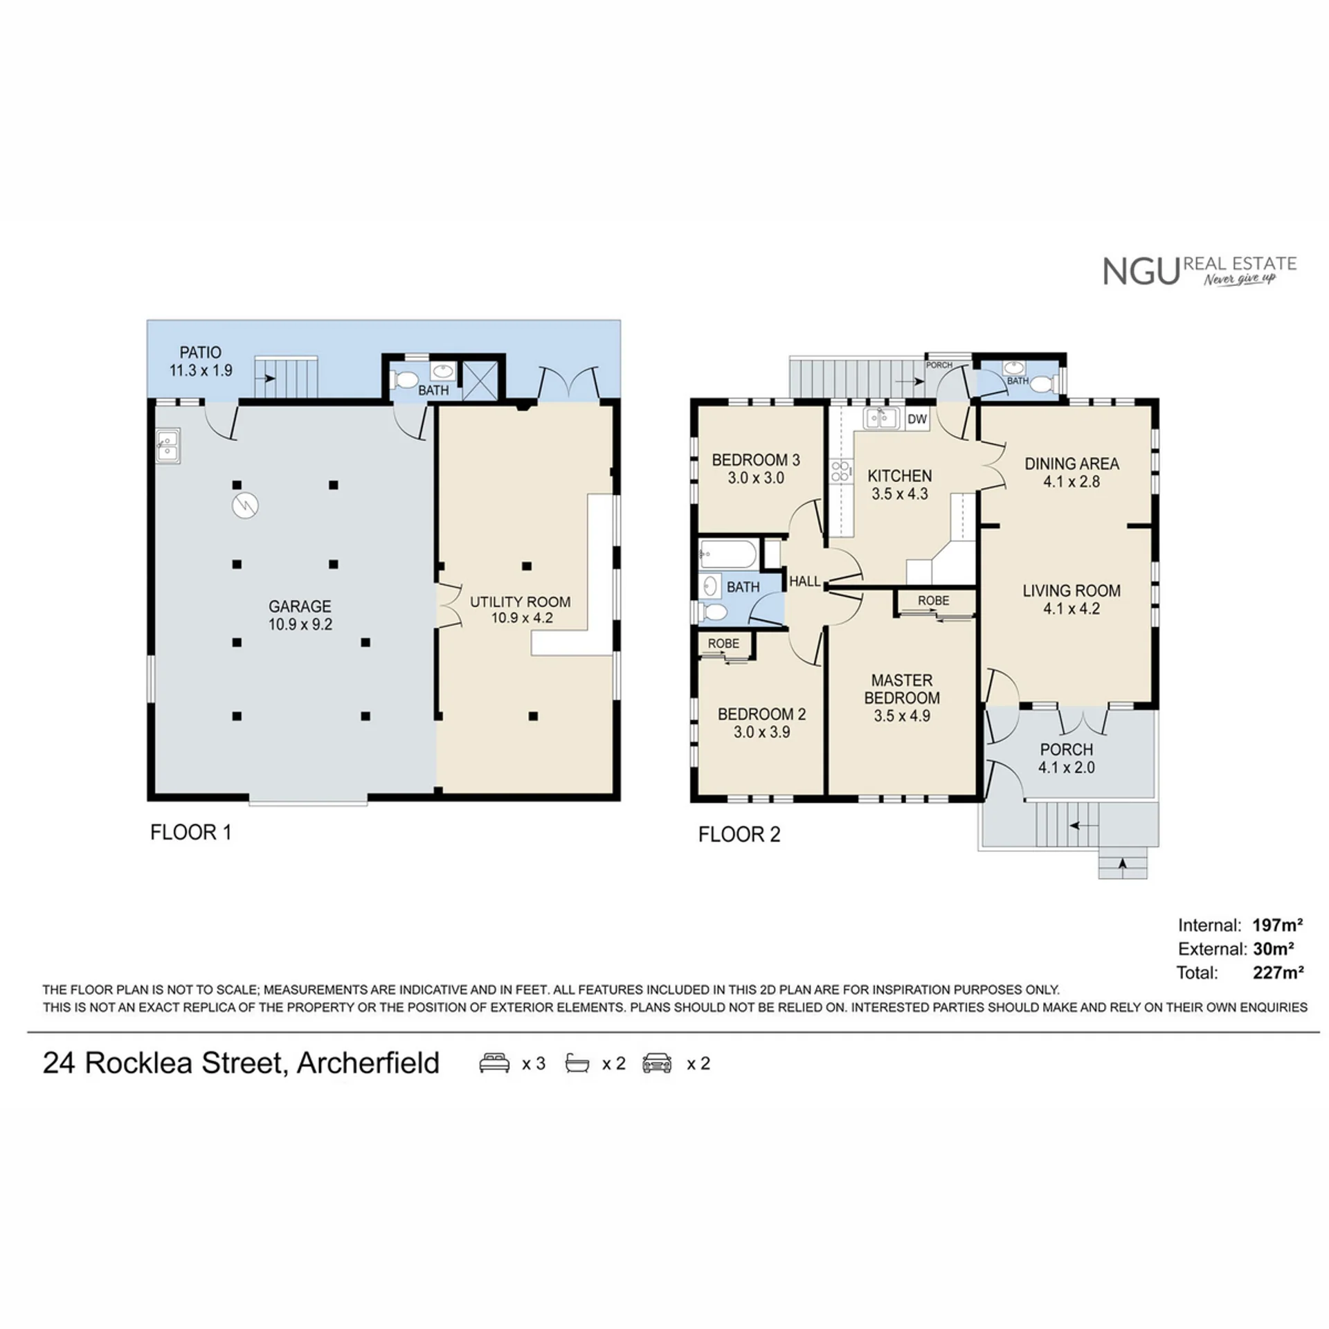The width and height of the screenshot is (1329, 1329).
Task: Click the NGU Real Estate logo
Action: click(x=1200, y=271)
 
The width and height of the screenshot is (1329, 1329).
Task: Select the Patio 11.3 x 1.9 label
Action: click(x=201, y=361)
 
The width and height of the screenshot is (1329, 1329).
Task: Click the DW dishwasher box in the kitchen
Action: click(x=917, y=419)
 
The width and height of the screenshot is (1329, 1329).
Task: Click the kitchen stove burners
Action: click(x=840, y=471)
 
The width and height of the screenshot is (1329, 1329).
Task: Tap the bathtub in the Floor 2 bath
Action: click(x=728, y=554)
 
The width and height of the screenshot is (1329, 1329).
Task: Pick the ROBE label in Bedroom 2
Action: click(x=723, y=643)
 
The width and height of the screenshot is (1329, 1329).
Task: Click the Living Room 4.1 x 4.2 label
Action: click(x=1072, y=599)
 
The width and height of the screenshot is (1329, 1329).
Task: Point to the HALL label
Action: click(x=804, y=581)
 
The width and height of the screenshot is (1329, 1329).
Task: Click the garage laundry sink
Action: click(x=168, y=446)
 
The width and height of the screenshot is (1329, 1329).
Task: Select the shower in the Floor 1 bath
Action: click(x=480, y=380)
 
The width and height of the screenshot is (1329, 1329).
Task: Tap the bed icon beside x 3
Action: click(x=494, y=1063)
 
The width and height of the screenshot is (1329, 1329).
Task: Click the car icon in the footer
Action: click(x=656, y=1063)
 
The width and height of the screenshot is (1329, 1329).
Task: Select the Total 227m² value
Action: click(x=1278, y=973)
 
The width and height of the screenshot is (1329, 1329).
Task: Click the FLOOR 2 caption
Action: click(x=739, y=834)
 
